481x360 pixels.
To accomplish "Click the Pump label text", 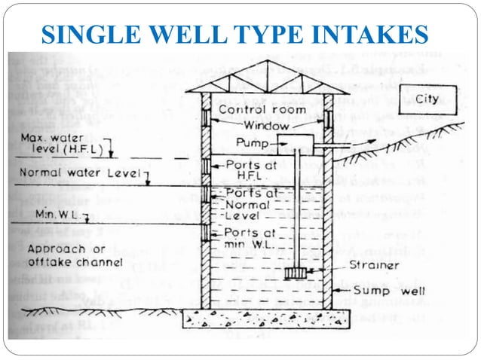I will tap(252, 142).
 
